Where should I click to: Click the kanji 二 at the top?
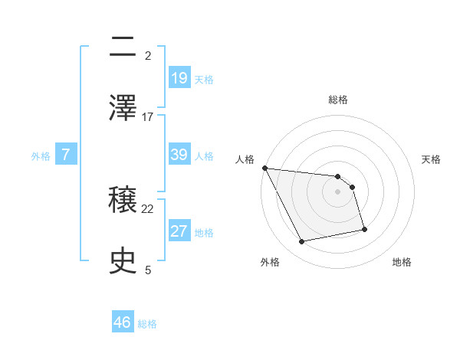[x=123, y=47]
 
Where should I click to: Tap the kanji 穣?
[x=123, y=201]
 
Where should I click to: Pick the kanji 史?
[x=123, y=261]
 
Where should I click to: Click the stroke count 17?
[x=148, y=116]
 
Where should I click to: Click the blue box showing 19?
[x=179, y=77]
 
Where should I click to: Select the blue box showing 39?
[x=179, y=155]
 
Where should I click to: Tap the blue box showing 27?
[x=179, y=231]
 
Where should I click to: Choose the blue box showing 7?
[x=66, y=155]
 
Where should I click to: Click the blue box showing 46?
[x=123, y=322]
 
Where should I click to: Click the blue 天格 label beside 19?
[x=204, y=79]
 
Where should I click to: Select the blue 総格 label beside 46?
[x=147, y=324]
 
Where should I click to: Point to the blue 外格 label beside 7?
[x=41, y=156]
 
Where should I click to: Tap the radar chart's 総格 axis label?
[x=338, y=100]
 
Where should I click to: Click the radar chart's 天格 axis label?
[x=432, y=159]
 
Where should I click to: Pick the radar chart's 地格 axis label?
[x=402, y=262]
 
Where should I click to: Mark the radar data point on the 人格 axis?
[x=264, y=168]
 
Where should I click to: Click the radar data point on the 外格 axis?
[x=302, y=242]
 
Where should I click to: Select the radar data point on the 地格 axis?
[x=364, y=229]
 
